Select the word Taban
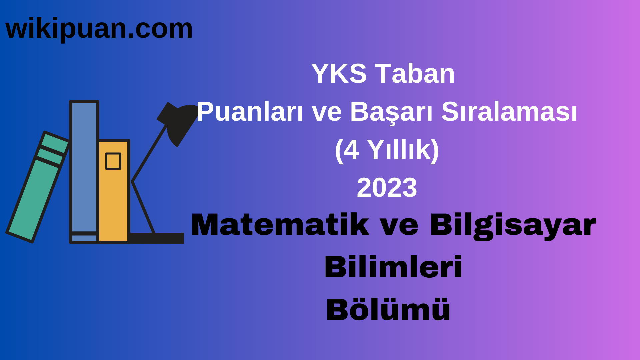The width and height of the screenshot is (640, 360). pyautogui.click(x=415, y=74)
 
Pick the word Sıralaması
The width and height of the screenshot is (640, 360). pyautogui.click(x=509, y=112)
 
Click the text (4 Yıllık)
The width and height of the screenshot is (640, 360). pyautogui.click(x=387, y=150)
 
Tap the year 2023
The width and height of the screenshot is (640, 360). pyautogui.click(x=387, y=188)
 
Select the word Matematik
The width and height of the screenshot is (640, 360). pyautogui.click(x=280, y=225)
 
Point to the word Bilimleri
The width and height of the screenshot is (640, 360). pyautogui.click(x=393, y=267)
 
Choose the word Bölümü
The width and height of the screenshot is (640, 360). pyautogui.click(x=388, y=310)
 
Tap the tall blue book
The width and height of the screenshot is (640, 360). pyautogui.click(x=84, y=167)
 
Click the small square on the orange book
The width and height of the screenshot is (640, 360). pyautogui.click(x=113, y=161)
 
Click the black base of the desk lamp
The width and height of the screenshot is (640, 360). pyautogui.click(x=157, y=238)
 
